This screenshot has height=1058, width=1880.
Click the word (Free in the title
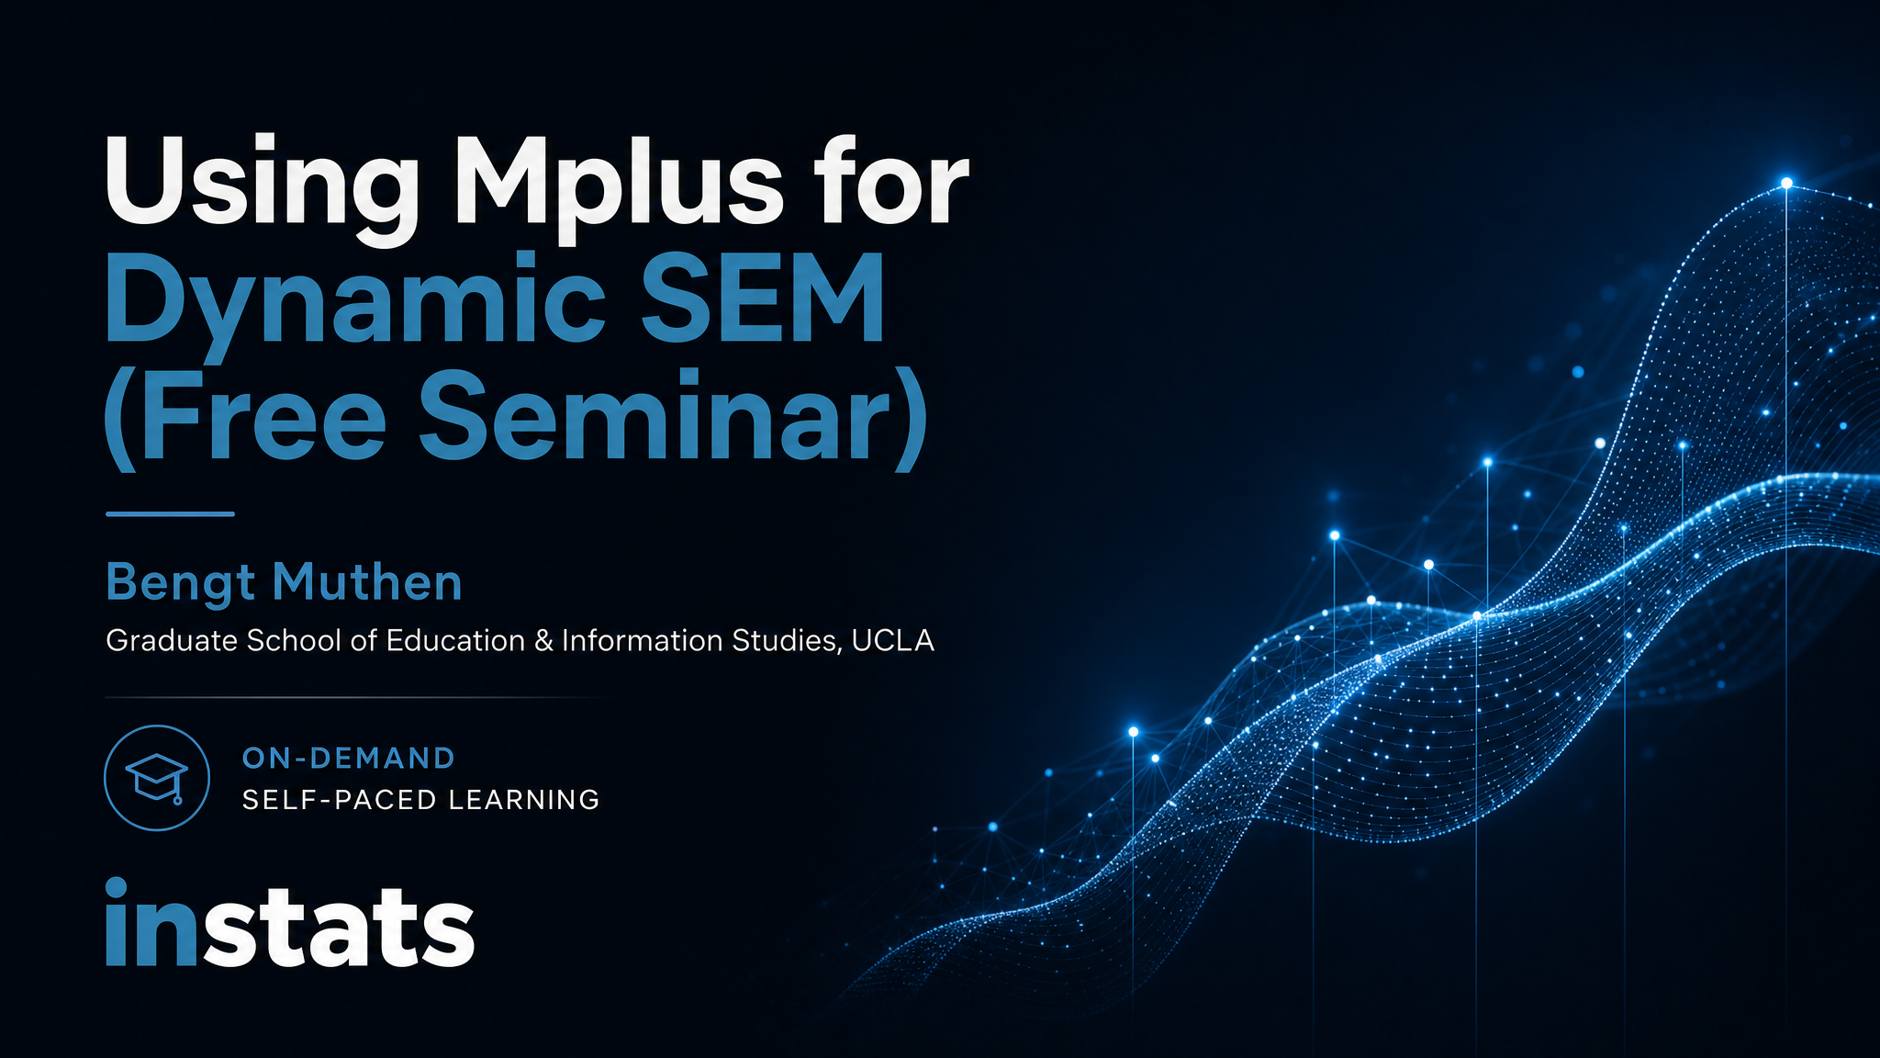pos(244,418)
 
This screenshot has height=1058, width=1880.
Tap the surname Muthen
pos(367,582)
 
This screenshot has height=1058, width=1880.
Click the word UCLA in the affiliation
pos(892,640)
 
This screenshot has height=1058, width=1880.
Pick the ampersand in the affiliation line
pos(544,640)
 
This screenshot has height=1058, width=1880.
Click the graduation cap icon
pos(157,778)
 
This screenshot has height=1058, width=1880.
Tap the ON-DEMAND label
pos(349,758)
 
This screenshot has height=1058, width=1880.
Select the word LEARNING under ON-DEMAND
pos(523,800)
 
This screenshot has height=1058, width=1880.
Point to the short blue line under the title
pos(170,514)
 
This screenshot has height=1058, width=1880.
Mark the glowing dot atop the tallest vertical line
pos(1786,183)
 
